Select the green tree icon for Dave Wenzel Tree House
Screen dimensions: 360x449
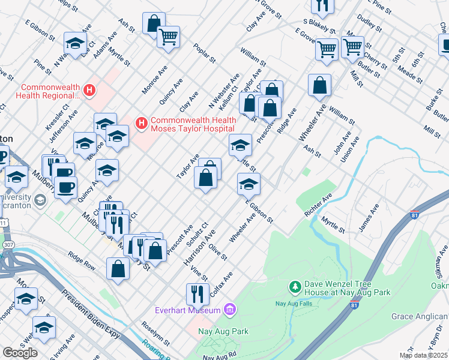point(295,287)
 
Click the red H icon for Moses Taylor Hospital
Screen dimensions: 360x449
point(142,124)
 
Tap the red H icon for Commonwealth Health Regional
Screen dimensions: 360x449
point(89,91)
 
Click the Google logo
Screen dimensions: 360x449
point(20,352)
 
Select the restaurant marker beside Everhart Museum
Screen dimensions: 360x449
point(196,294)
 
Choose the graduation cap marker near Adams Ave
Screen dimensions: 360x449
point(76,43)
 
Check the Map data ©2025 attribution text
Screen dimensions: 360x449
point(423,355)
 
